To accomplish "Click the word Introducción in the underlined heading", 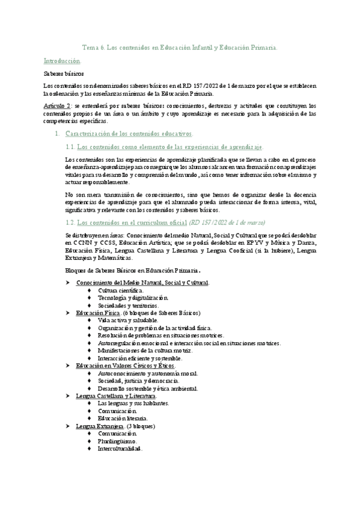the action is point(62,61).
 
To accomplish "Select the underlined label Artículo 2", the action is point(58,105).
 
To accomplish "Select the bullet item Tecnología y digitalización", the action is point(133,298).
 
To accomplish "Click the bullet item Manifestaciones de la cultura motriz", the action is point(145,351).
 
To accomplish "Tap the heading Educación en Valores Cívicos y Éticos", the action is point(125,366).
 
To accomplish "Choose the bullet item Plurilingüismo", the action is point(119,441).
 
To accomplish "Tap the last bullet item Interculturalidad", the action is point(120,449).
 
